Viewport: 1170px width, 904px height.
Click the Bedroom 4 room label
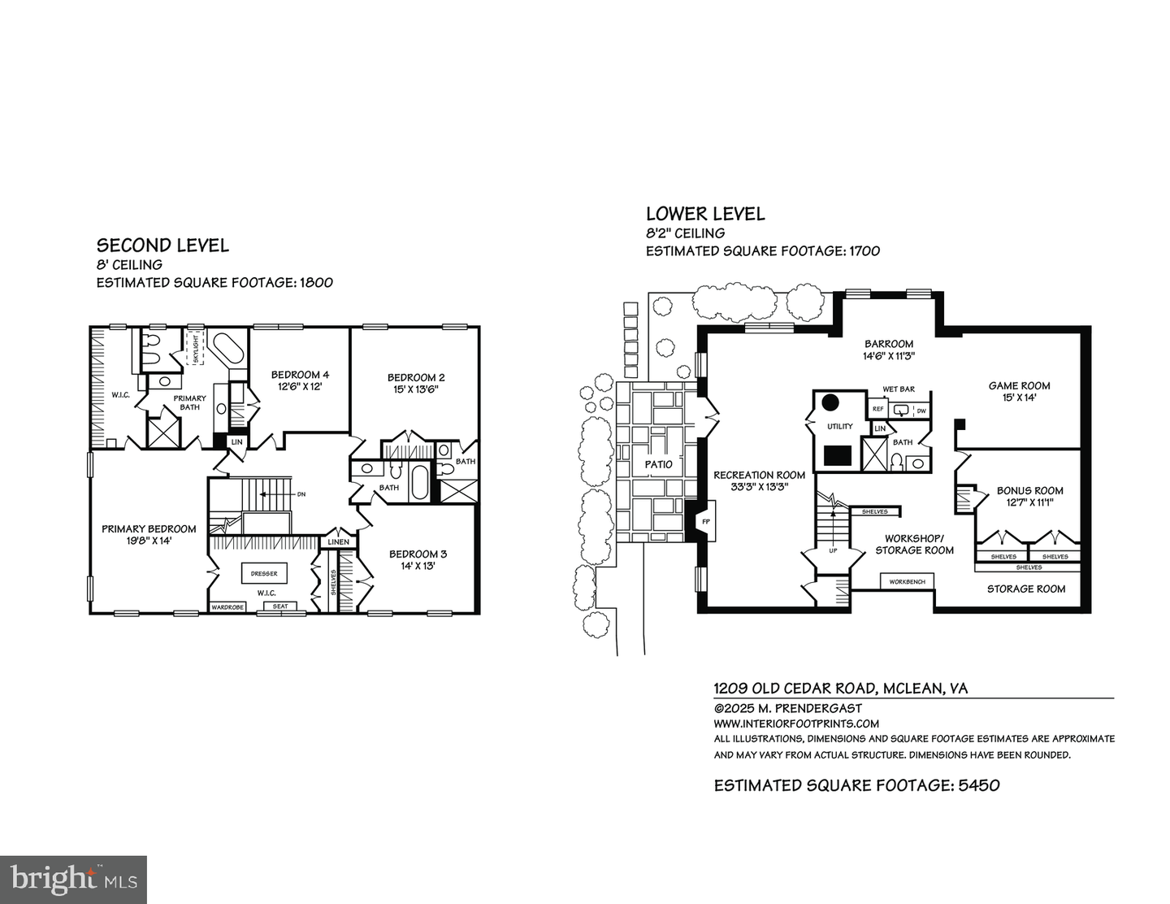(300, 375)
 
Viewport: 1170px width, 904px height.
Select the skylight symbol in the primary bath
(195, 348)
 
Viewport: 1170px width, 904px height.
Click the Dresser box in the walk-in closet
(264, 574)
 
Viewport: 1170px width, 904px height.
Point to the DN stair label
(301, 493)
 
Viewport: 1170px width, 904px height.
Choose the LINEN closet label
(338, 541)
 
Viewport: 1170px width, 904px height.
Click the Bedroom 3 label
(417, 554)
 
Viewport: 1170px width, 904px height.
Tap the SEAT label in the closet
(280, 606)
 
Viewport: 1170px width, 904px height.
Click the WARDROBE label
(227, 606)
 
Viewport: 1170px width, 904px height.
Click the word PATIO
(659, 464)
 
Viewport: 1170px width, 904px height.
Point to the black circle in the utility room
(830, 402)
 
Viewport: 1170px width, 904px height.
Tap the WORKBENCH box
(907, 582)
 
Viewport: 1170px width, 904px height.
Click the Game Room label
(1019, 386)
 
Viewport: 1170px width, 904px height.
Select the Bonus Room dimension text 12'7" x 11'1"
(1029, 502)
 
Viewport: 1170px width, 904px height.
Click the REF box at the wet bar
(878, 410)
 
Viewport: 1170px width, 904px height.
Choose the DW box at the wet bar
(921, 411)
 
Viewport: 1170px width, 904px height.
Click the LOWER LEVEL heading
(705, 214)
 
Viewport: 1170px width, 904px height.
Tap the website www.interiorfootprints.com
(796, 724)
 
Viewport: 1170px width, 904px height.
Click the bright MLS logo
(74, 880)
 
